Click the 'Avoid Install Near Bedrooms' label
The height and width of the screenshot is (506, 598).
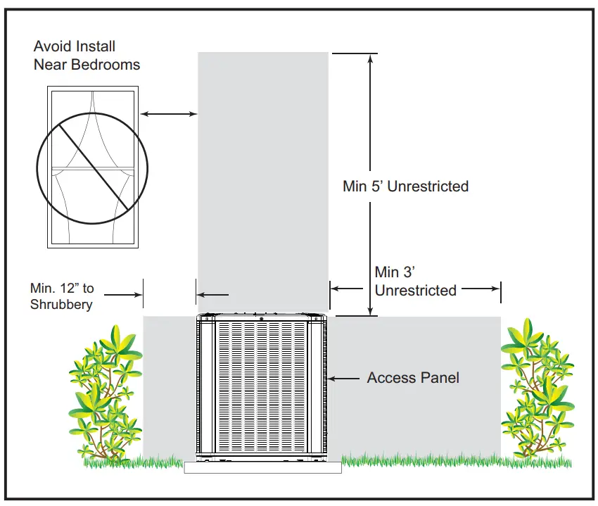pos(87,56)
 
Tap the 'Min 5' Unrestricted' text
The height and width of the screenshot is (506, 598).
pos(405,186)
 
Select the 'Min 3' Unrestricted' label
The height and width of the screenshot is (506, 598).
pos(415,281)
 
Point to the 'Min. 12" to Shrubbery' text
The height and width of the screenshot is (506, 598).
pos(62,296)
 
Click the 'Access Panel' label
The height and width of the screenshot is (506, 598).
pos(413,378)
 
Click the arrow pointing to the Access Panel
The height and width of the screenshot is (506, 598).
pos(345,379)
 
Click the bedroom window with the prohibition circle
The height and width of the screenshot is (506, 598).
pos(92,167)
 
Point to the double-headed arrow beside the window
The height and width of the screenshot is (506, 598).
pos(169,113)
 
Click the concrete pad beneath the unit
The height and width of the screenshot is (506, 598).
pos(262,467)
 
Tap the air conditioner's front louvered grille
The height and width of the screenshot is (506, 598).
pos(262,387)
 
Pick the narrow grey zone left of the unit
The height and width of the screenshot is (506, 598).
pos(169,387)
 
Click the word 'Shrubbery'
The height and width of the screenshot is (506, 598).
pos(62,305)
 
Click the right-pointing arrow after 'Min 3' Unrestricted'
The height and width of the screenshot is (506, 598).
pos(485,289)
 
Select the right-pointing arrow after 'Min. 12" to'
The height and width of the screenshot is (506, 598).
pos(130,294)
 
